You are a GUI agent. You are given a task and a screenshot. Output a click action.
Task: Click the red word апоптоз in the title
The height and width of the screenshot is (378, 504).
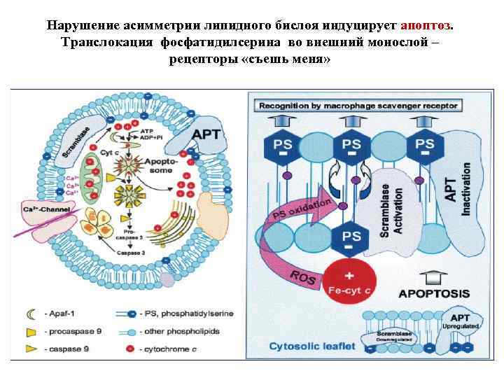tap(426, 26)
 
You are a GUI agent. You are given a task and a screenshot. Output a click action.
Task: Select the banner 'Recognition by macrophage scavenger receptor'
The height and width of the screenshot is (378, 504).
tap(358, 106)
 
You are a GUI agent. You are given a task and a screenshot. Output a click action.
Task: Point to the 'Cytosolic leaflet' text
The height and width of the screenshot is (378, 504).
tap(313, 346)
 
